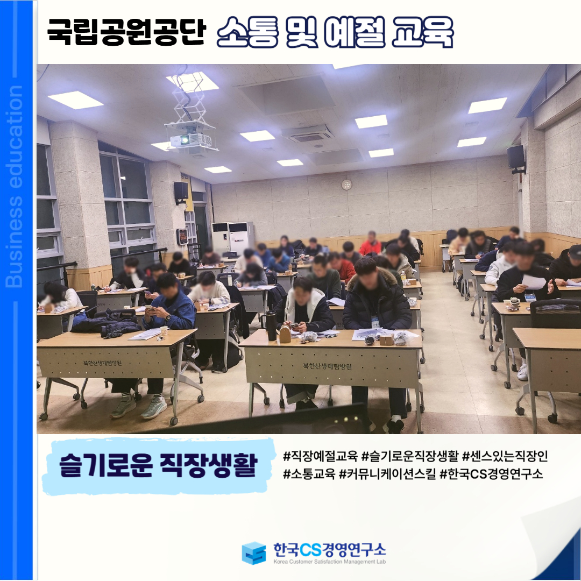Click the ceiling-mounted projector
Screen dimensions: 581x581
tap(190, 140)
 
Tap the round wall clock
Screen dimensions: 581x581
tap(346, 184)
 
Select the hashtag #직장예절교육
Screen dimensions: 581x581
tap(320, 456)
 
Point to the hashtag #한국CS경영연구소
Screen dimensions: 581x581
tap(491, 473)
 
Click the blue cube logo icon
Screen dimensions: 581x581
tap(253, 553)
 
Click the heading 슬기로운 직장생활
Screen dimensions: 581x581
tap(158, 465)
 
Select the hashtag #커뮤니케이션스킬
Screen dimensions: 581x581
tap(387, 473)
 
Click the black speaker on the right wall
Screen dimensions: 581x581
tap(516, 157)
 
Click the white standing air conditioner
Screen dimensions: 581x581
tap(233, 238)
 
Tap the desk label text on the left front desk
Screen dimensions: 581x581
tap(102, 363)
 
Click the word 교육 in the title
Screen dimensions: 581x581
tap(422, 32)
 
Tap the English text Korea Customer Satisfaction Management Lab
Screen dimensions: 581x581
tap(329, 562)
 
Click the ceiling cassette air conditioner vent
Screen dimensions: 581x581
tap(307, 135)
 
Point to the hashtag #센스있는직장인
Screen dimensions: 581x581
tap(505, 456)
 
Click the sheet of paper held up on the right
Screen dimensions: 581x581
tap(534, 282)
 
